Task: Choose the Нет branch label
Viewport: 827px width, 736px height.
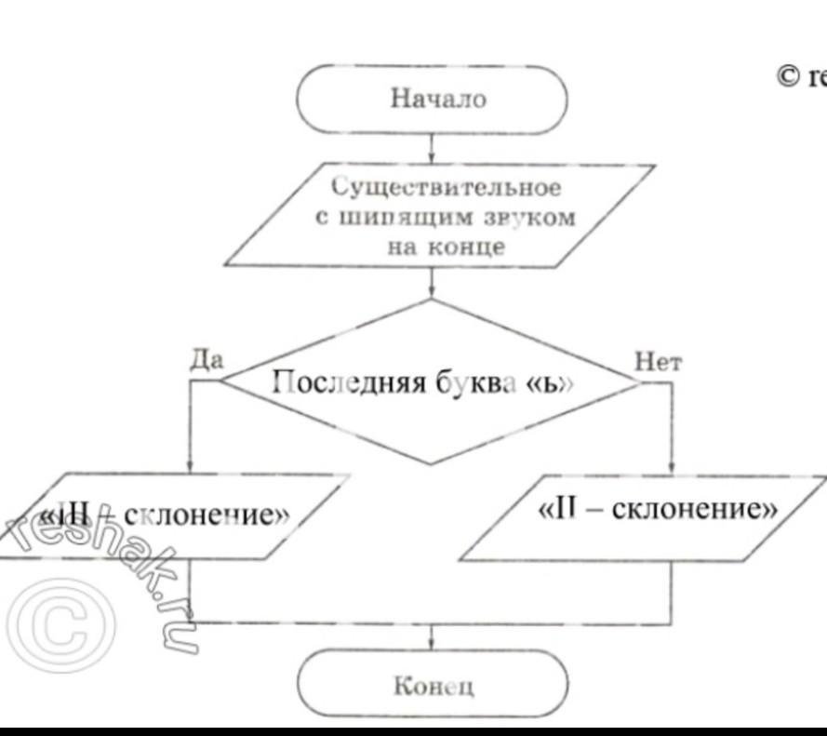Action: pos(658,362)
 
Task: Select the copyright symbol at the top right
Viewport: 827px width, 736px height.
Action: pos(788,78)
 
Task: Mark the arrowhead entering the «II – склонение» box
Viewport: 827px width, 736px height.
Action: pos(671,469)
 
